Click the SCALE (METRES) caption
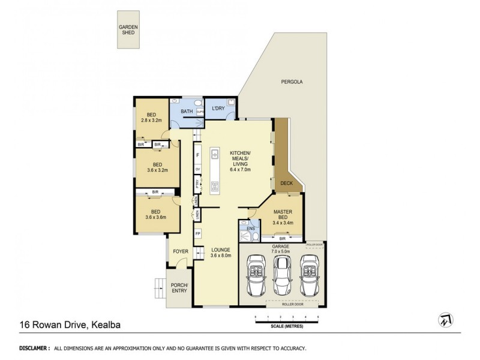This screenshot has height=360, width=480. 286,326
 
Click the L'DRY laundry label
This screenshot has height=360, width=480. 218,108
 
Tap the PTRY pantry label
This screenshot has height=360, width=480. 197,185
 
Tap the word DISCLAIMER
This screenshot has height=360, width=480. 34,348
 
